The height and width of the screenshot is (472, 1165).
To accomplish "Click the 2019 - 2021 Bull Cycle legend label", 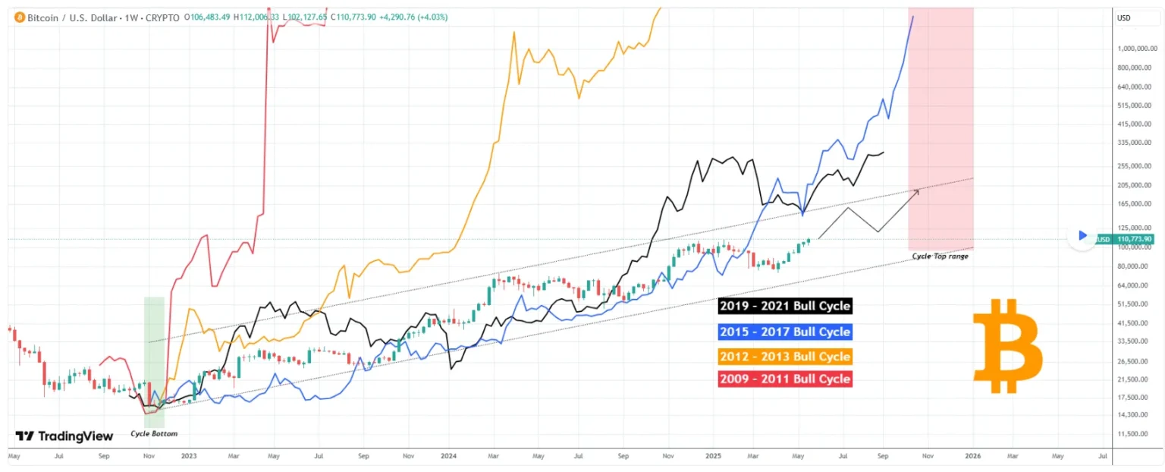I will [784, 307].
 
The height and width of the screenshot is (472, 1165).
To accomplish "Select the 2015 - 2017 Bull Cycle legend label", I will [784, 332].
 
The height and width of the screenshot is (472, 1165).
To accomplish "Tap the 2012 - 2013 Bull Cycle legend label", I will [784, 356].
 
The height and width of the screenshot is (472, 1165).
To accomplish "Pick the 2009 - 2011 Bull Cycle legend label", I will [784, 379].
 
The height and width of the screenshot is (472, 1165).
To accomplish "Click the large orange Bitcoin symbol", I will [1007, 346].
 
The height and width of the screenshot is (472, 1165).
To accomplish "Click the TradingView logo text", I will [64, 436].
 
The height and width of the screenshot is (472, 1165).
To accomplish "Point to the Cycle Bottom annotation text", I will [154, 434].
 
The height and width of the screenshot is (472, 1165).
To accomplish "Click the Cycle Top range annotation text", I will [940, 256].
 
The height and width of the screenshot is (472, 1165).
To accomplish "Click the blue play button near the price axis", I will [1082, 235].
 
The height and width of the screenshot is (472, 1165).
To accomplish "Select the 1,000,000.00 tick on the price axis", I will [1135, 49].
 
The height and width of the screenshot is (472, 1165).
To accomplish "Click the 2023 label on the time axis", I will [189, 456].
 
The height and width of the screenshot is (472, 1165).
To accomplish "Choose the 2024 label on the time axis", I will [449, 456].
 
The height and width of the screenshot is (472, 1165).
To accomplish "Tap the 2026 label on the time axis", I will [972, 456].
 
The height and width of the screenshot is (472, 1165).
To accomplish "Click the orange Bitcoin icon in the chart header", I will [18, 17].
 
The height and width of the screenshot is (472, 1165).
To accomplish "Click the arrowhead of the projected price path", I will [918, 190].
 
